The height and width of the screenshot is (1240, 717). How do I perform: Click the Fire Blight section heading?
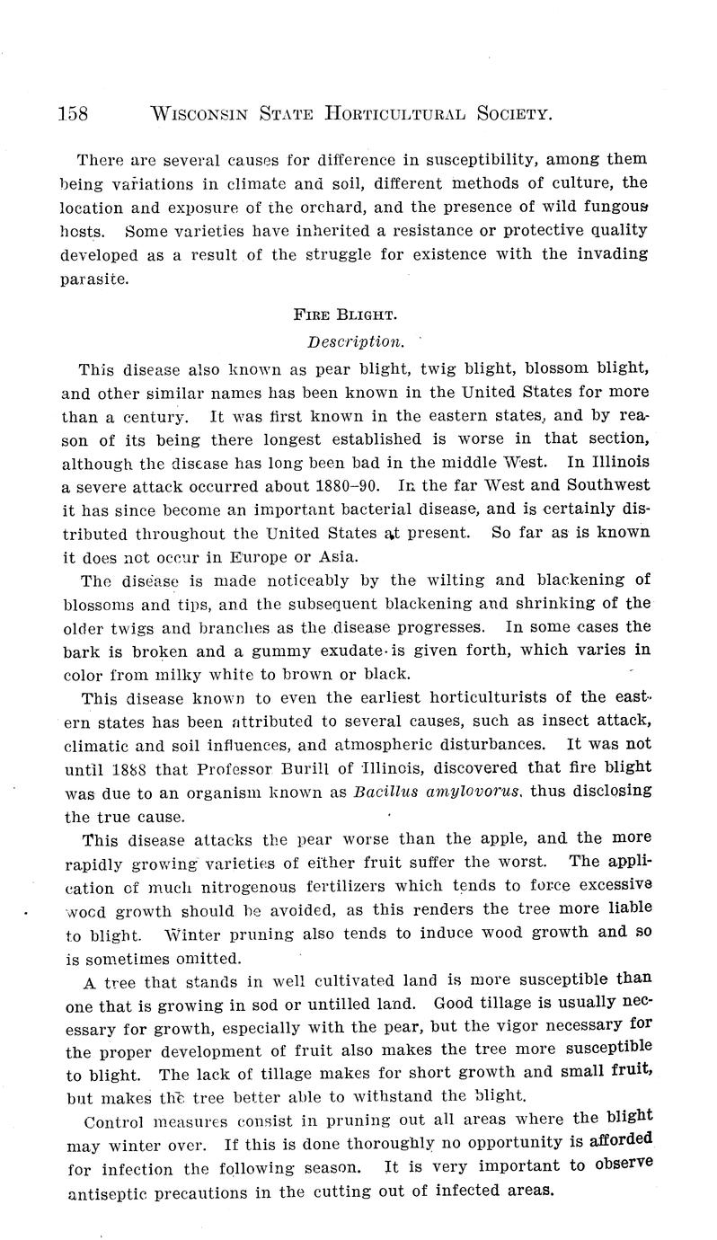click(345, 315)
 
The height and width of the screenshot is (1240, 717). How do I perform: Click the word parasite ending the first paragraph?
click(94, 279)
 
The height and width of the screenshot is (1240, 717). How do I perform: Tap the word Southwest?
click(606, 485)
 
